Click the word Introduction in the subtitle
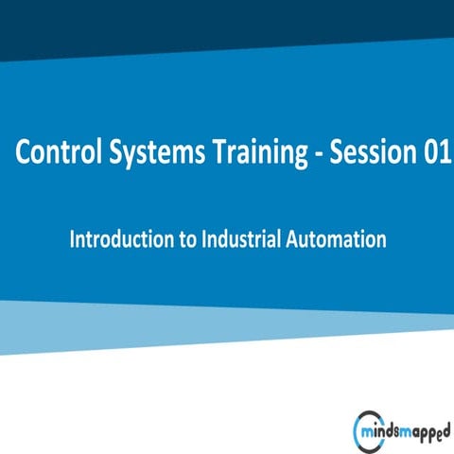point(119,239)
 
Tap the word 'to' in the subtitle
point(183,240)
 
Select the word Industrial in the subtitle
point(236,239)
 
